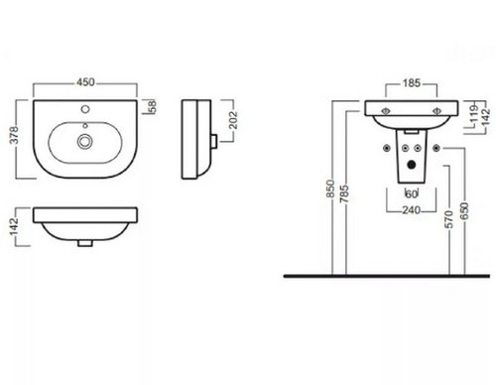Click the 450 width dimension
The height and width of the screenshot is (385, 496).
tap(85, 82)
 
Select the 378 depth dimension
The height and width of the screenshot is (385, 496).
tap(14, 135)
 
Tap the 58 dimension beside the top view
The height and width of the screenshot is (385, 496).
tap(153, 107)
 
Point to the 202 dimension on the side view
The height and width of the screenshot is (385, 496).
tap(233, 120)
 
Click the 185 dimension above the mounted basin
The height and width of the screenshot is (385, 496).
tap(412, 83)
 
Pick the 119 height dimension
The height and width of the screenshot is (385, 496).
tap(474, 113)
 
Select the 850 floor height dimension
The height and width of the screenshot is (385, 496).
tap(330, 189)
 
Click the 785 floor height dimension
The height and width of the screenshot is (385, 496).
tap(344, 193)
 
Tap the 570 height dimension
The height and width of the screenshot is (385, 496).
tap(449, 219)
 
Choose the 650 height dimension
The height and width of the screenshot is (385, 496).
tap(464, 211)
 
